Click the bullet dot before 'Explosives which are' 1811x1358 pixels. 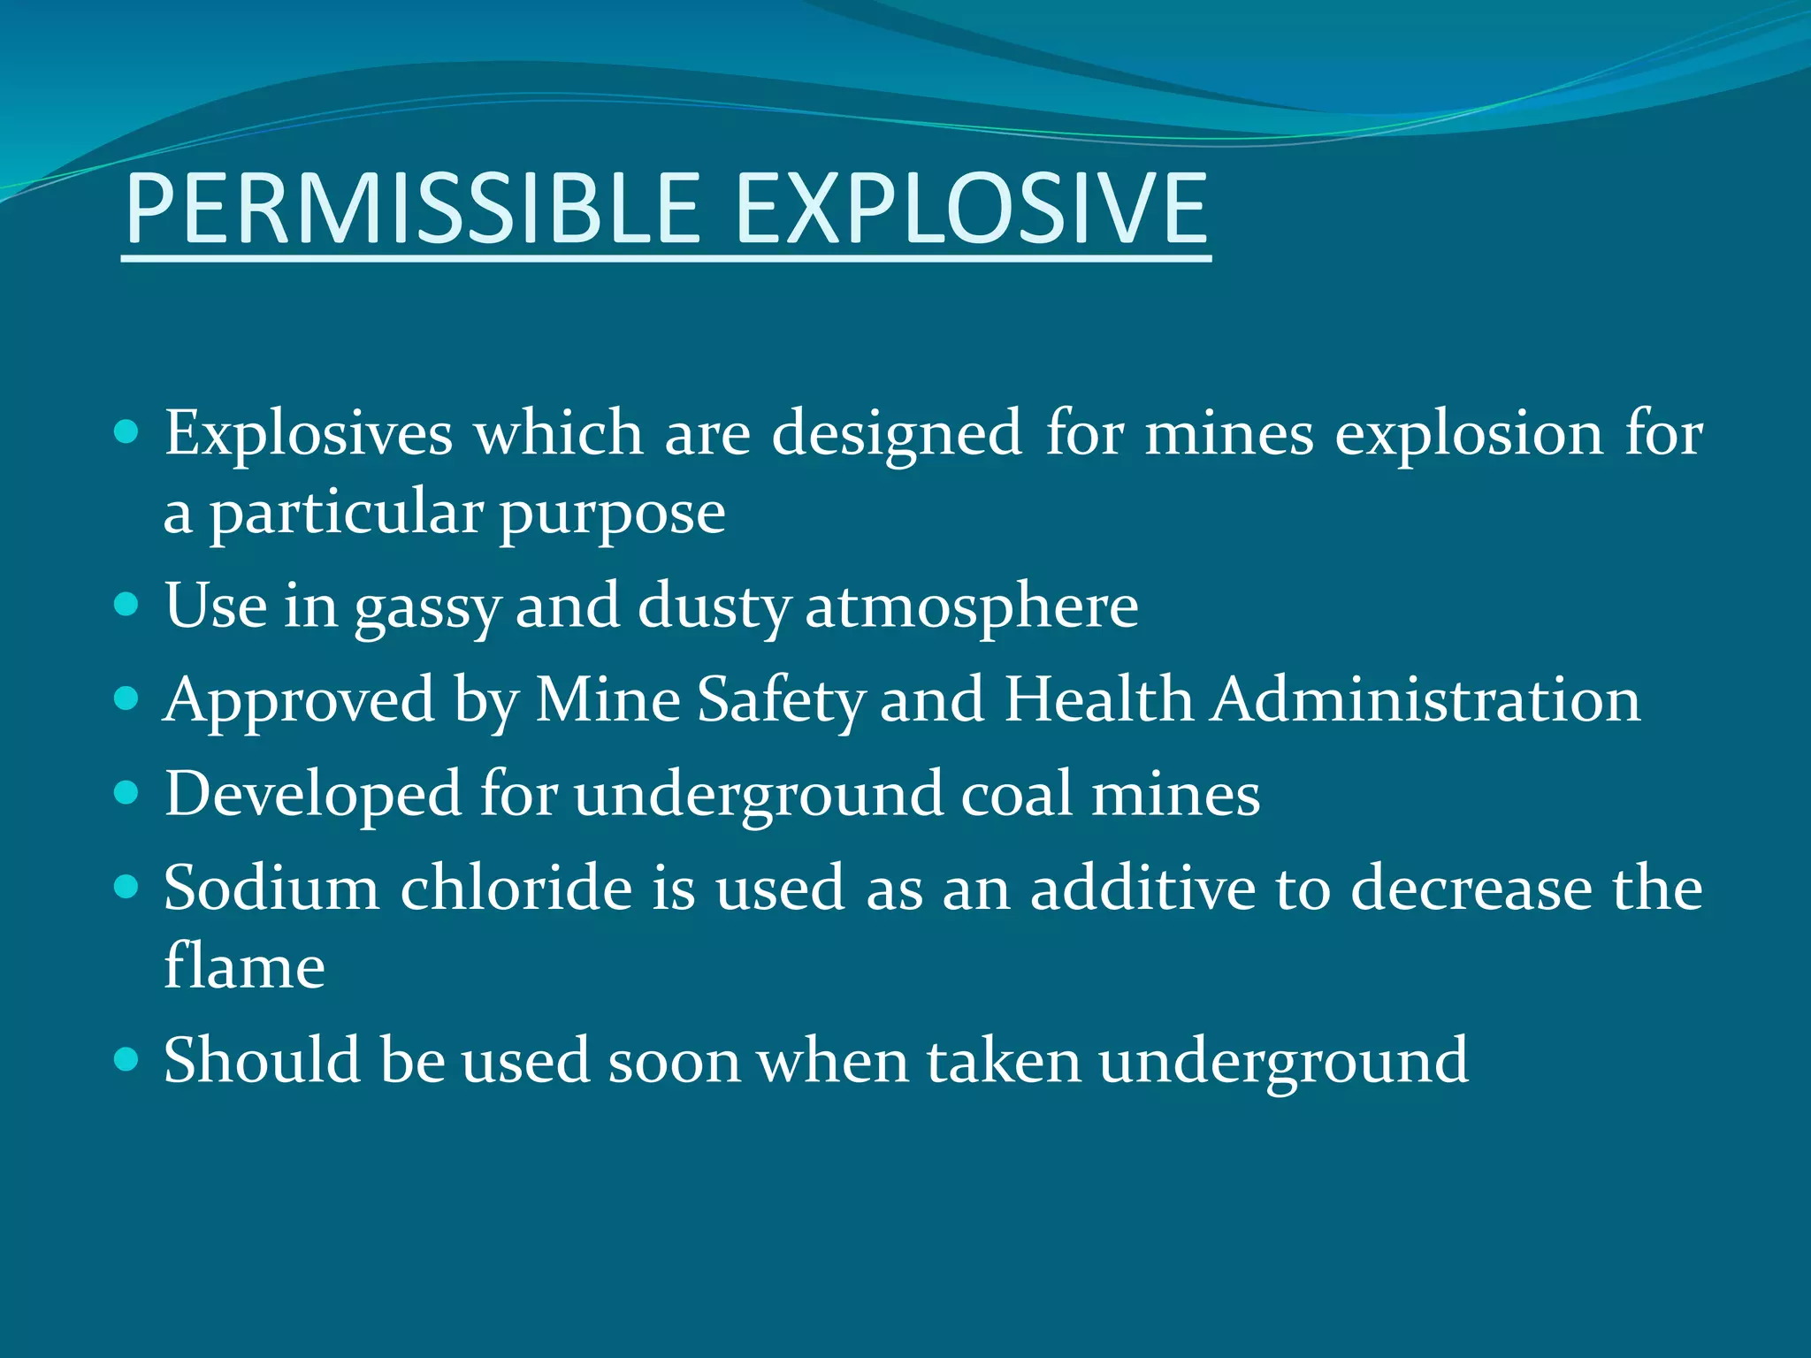tap(127, 432)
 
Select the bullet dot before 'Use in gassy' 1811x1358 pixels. tap(127, 605)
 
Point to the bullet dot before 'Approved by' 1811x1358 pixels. tap(127, 699)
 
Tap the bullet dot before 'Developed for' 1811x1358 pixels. tap(127, 793)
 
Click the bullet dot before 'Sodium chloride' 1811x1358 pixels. tap(127, 887)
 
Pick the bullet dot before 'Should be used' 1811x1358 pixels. tap(127, 1059)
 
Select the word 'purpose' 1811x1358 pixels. tap(612, 515)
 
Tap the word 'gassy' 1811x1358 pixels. tap(428, 608)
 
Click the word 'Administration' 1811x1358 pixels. tap(1425, 700)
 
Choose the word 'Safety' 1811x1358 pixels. tap(780, 702)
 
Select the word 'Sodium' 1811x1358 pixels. tap(271, 888)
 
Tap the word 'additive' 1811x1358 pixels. tap(1142, 888)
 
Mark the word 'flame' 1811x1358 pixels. tap(244, 965)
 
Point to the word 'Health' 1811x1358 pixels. tap(1098, 700)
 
